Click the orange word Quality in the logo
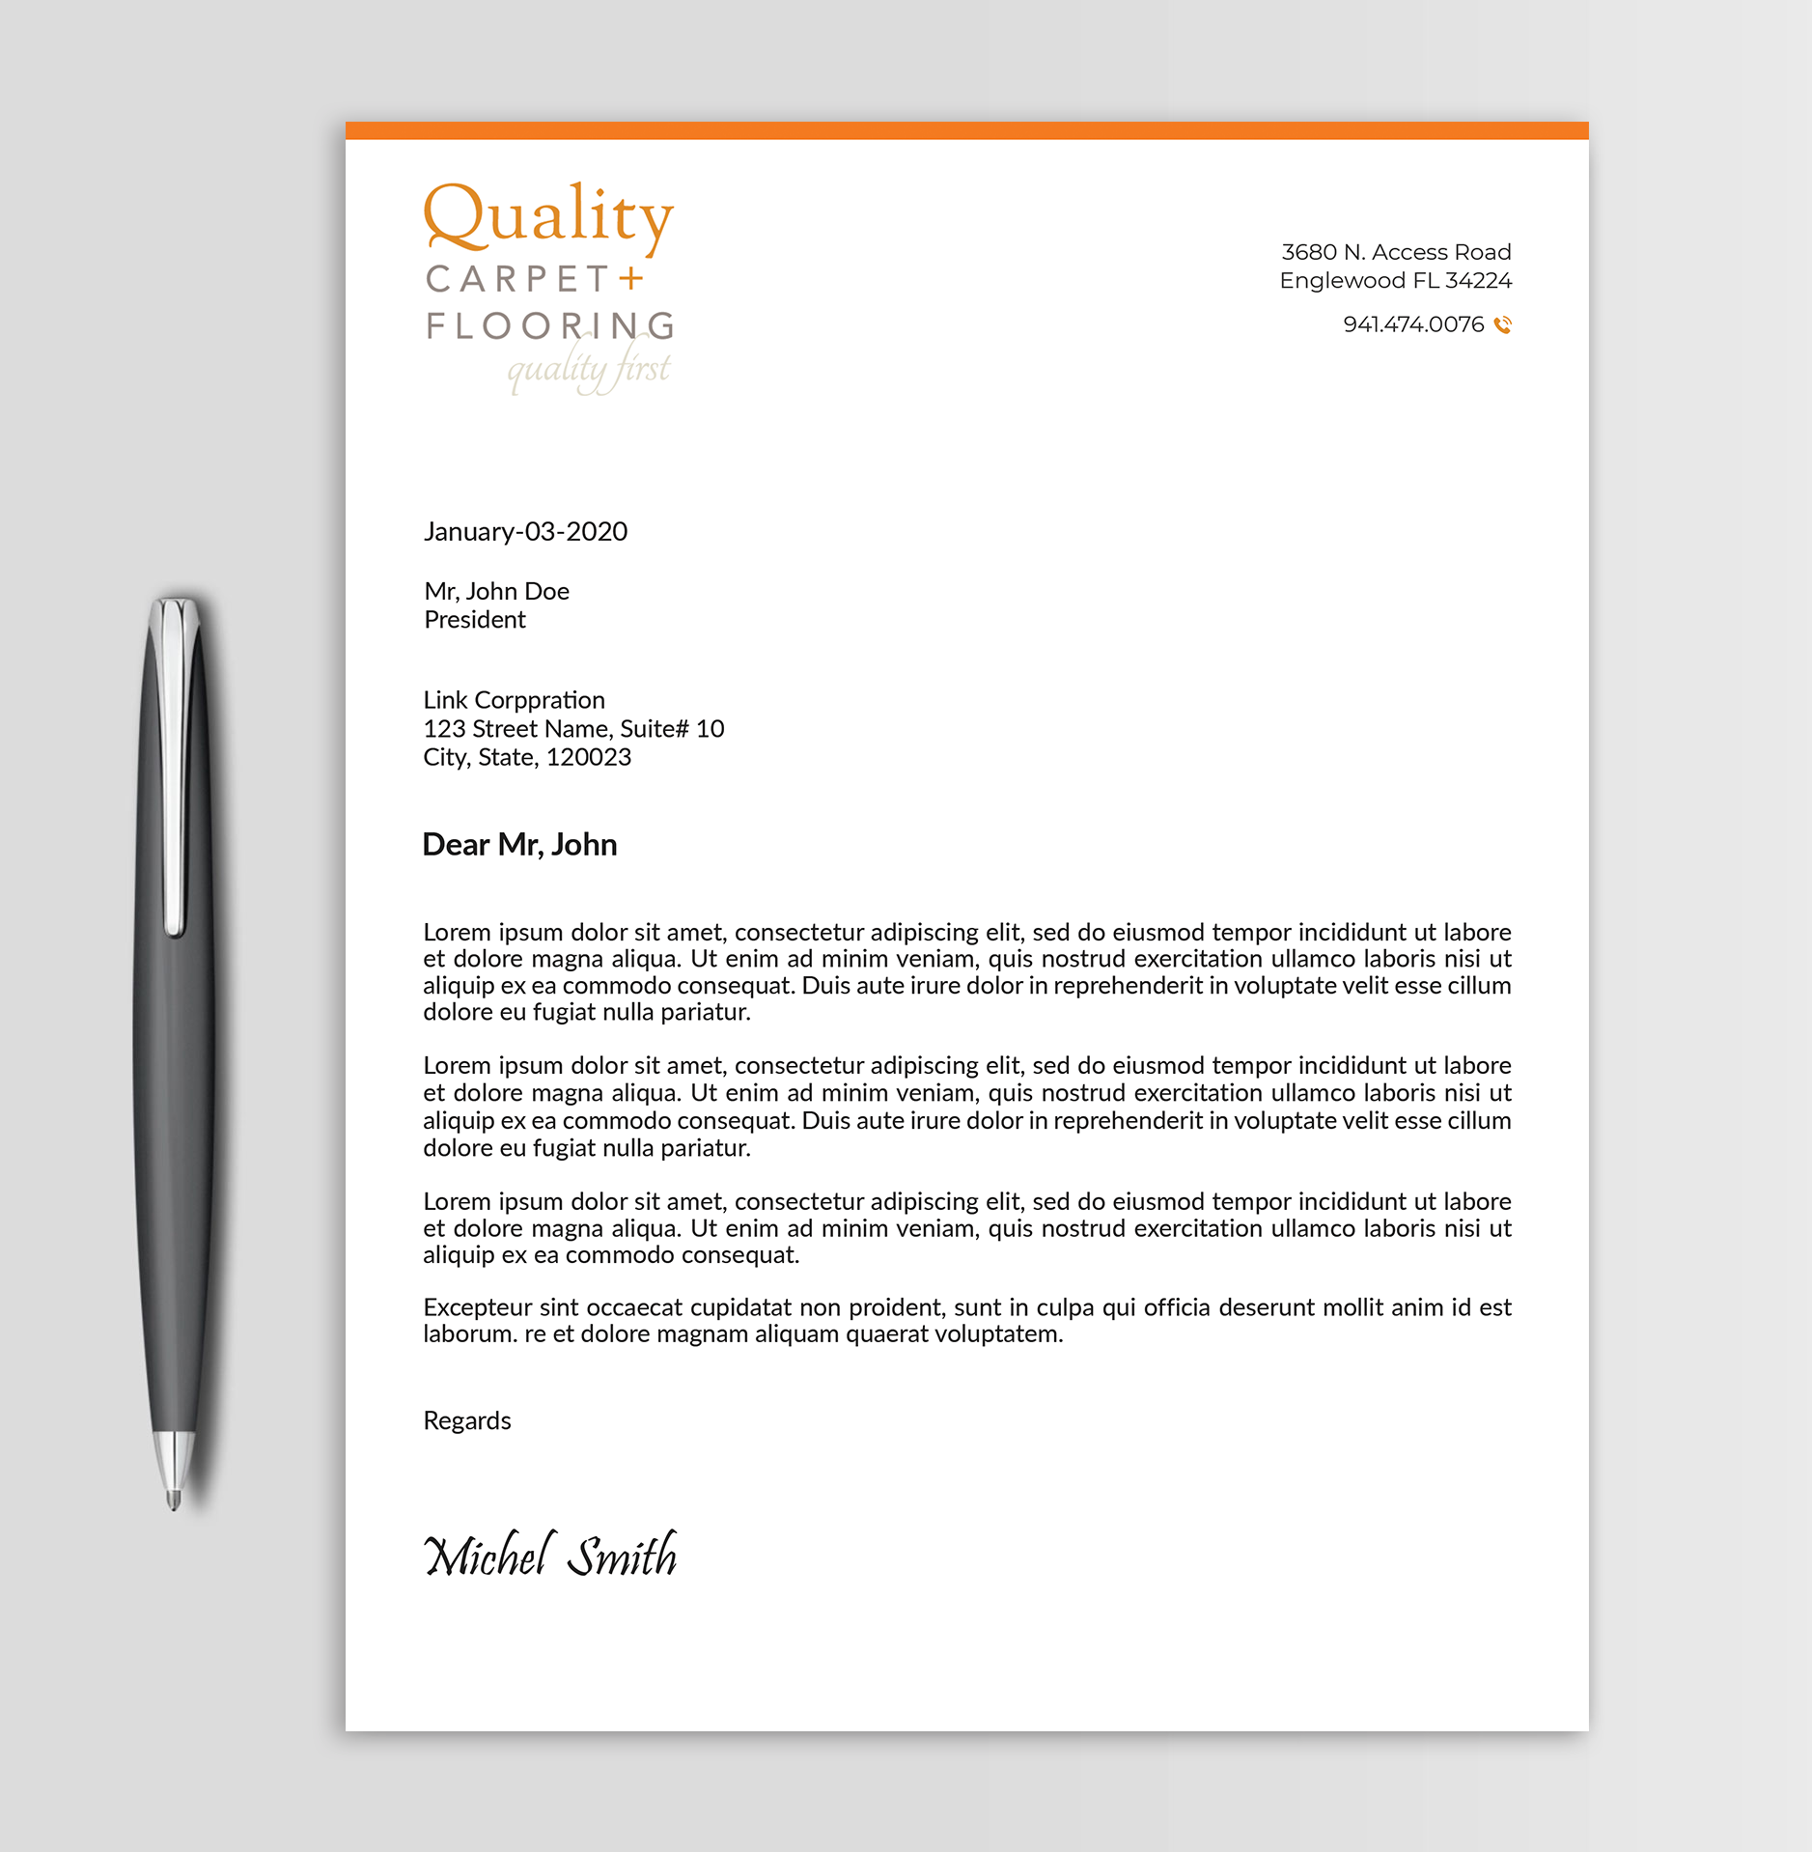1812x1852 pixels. tap(547, 216)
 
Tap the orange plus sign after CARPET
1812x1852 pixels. tap(630, 279)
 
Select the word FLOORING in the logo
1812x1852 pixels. tap(549, 326)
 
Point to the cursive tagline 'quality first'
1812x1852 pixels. tap(589, 369)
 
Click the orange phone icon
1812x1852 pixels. tap(1502, 325)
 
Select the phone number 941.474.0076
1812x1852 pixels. tap(1412, 324)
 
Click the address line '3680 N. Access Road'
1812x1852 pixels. tap(1395, 252)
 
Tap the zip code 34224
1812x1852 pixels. tap(1478, 281)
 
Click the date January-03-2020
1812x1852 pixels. tap(525, 532)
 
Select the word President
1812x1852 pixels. tap(475, 620)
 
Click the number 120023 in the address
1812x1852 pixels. tap(589, 758)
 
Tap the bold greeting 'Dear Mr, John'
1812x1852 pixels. tap(519, 845)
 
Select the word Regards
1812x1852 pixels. tap(467, 1420)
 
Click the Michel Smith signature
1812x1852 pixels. tap(550, 1556)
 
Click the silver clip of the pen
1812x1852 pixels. tap(174, 763)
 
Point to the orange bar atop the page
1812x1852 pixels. tap(966, 130)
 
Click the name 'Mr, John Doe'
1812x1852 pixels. tap(496, 591)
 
